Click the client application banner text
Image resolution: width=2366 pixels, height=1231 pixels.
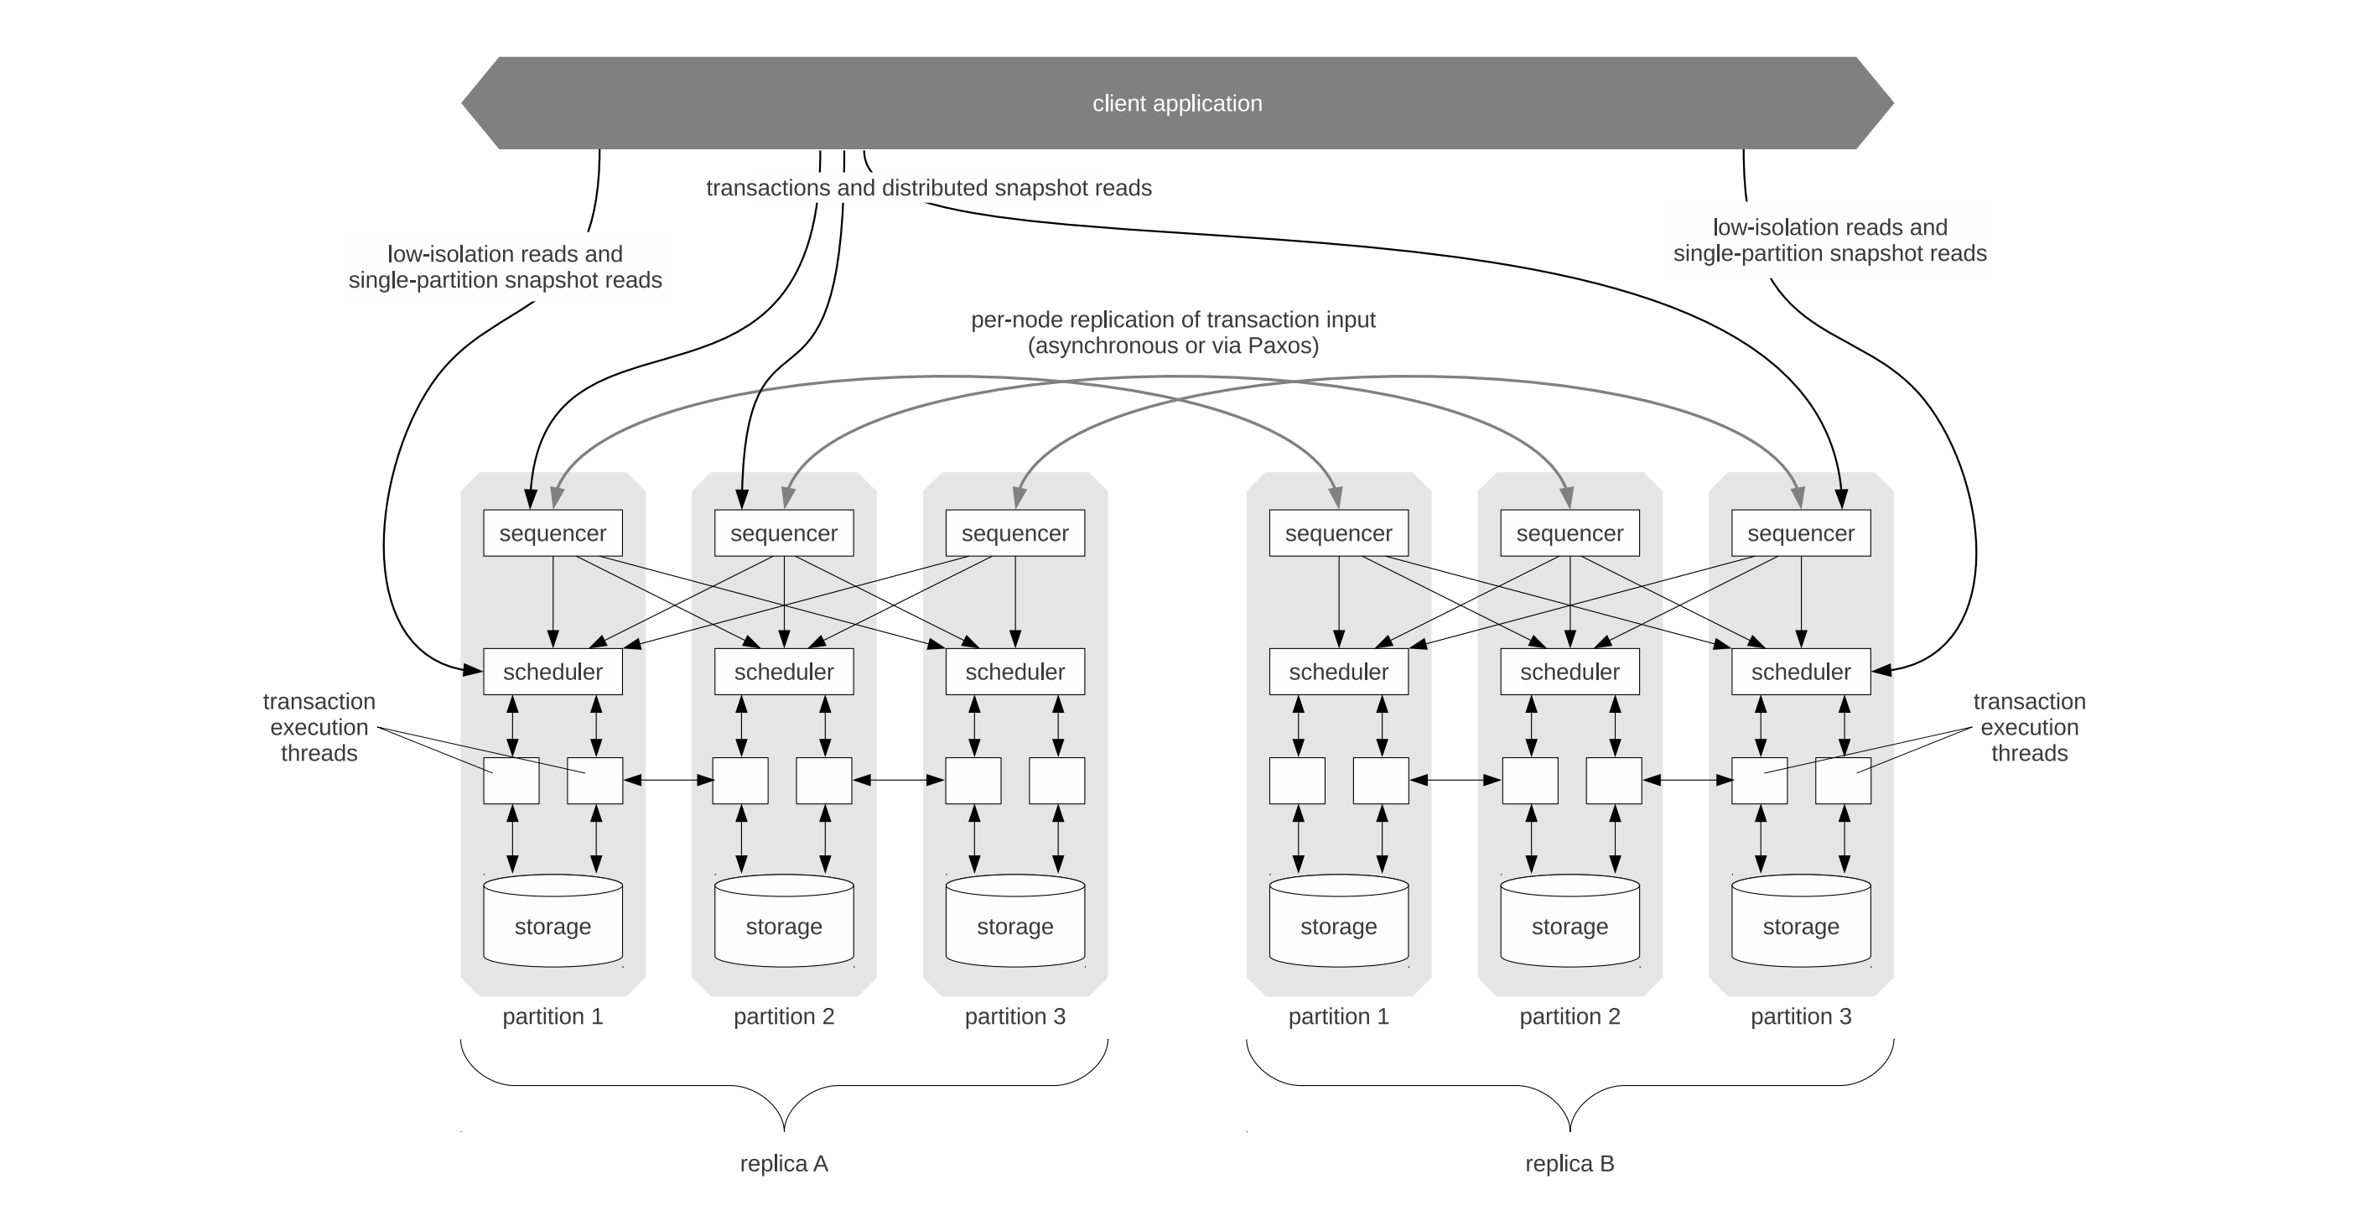(1176, 104)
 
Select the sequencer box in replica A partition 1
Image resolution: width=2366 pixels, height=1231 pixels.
(552, 532)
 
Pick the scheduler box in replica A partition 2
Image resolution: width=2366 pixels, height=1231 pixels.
(783, 672)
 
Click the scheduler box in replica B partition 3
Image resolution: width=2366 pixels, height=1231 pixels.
(1800, 672)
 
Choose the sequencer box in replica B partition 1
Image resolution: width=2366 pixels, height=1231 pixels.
(1338, 532)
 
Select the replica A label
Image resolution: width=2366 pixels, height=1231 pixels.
(783, 1164)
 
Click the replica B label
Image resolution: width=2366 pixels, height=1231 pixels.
(1570, 1164)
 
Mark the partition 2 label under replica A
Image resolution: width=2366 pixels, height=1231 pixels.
(783, 1017)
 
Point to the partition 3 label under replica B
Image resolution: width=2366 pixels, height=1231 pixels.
(1800, 1017)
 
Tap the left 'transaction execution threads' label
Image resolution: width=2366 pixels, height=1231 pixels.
(319, 728)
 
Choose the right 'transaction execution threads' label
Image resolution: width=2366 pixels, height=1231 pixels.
(2029, 728)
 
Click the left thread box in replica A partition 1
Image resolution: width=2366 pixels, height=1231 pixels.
(511, 781)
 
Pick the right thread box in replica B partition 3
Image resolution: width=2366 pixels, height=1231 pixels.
(1843, 781)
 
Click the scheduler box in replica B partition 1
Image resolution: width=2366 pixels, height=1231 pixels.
(1338, 672)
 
